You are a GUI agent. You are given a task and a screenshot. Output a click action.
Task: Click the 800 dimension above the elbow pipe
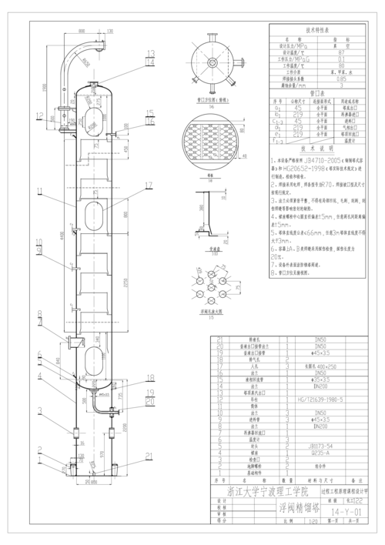pos(82,30)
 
